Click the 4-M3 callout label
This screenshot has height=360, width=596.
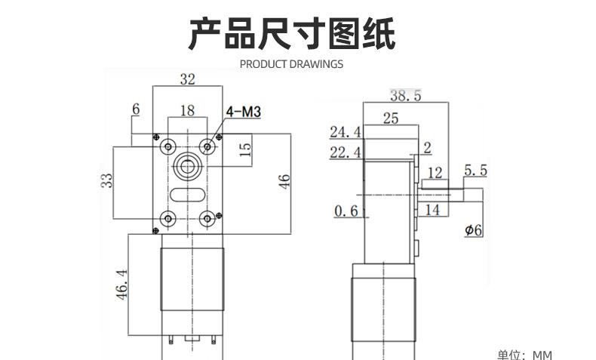(243, 112)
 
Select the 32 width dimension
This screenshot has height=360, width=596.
(187, 79)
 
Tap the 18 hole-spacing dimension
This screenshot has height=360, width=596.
(187, 111)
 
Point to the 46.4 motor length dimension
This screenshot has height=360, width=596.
(121, 285)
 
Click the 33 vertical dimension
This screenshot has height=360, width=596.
(107, 180)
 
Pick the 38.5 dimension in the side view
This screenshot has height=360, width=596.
(406, 95)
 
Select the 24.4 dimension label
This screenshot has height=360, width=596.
(345, 132)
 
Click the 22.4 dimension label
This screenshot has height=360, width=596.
(345, 152)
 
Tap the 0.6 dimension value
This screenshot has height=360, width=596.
(346, 211)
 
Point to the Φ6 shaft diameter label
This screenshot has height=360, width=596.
(474, 230)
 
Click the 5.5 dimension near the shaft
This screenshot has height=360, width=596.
(475, 171)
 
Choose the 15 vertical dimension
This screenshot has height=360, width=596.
(245, 149)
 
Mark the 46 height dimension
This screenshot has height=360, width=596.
(284, 181)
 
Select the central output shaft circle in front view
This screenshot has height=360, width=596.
(187, 166)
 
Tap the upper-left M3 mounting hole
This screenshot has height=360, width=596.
(167, 146)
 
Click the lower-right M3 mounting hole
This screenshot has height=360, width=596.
(207, 219)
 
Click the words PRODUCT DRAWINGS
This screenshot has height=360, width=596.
(291, 64)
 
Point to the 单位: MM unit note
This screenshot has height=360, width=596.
(524, 355)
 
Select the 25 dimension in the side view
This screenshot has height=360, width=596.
(391, 118)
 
